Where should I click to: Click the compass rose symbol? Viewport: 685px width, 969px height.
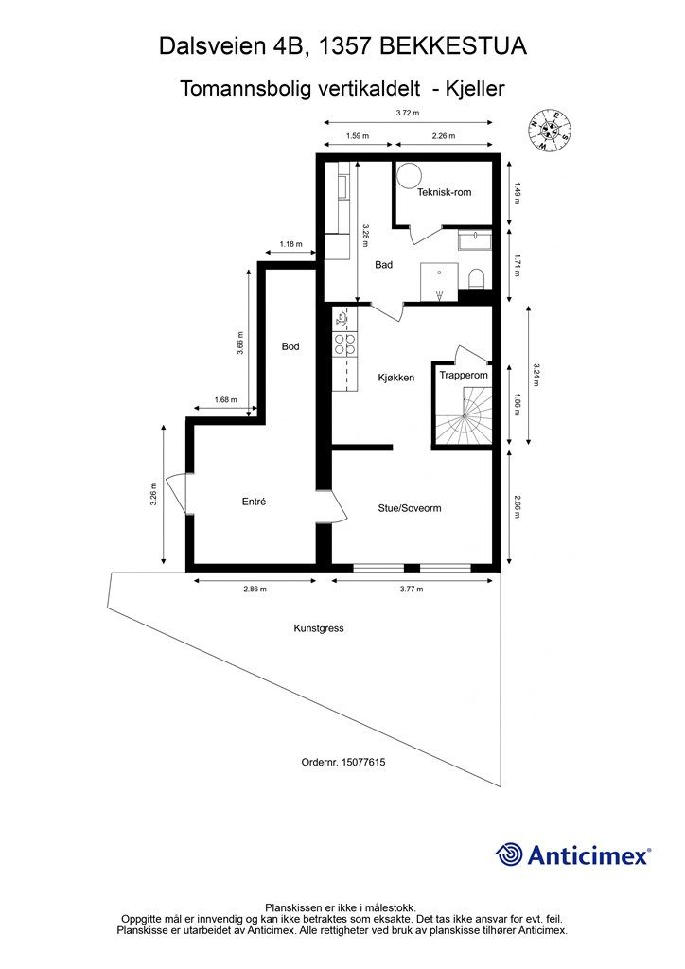(x=549, y=129)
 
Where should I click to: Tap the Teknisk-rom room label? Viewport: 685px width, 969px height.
(x=444, y=192)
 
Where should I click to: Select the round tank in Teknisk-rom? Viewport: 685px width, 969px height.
(x=409, y=175)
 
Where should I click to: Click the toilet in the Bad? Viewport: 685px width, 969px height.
(x=477, y=279)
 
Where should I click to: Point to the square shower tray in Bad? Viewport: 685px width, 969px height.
(x=439, y=282)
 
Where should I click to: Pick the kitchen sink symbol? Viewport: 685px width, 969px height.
(x=341, y=319)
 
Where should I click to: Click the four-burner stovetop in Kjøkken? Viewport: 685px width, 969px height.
(x=344, y=344)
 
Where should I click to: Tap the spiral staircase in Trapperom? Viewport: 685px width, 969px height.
(x=464, y=415)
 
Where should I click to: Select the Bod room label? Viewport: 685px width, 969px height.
(x=290, y=346)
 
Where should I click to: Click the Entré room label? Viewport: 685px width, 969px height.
(x=254, y=502)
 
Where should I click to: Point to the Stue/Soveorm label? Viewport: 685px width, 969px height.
(x=410, y=508)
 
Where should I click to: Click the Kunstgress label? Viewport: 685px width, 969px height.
(x=319, y=628)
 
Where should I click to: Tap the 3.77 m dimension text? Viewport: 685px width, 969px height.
(x=412, y=589)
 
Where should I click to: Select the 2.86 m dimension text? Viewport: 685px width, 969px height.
(x=255, y=589)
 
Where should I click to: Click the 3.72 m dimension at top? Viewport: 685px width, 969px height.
(x=408, y=114)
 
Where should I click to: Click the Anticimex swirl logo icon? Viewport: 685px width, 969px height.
(x=509, y=854)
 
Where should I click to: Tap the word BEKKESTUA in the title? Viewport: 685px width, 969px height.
(x=453, y=46)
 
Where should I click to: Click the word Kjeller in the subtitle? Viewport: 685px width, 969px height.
(x=476, y=88)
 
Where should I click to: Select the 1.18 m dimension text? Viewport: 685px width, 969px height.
(x=290, y=244)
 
